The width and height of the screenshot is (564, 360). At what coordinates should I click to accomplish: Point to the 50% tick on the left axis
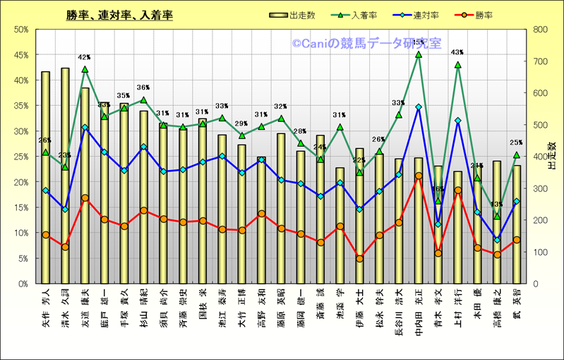(20, 30)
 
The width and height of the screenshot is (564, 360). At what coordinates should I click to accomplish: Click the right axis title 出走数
(552, 156)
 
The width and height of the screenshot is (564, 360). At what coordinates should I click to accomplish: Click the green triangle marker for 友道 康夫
(85, 69)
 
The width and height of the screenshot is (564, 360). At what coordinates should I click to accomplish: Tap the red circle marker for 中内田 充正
(418, 176)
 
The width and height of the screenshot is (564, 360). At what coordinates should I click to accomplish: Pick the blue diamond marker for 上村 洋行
(457, 121)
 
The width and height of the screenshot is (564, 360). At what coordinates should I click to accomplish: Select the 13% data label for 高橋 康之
(496, 205)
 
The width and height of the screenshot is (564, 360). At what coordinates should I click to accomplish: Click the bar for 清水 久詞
(65, 176)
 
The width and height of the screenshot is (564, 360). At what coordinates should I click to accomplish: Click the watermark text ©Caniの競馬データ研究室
(366, 44)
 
